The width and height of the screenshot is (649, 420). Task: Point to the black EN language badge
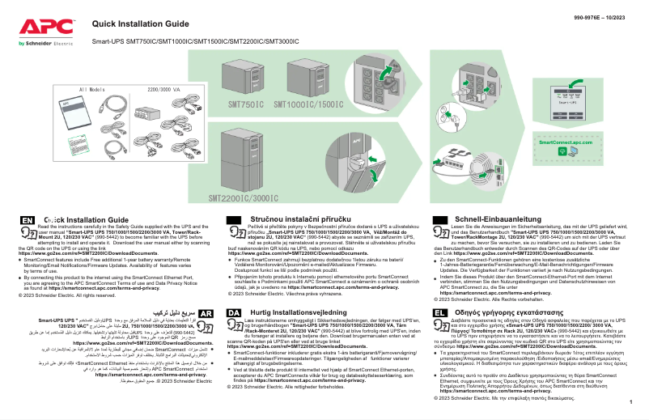click(x=28, y=220)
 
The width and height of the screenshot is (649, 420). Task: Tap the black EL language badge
click(x=441, y=335)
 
